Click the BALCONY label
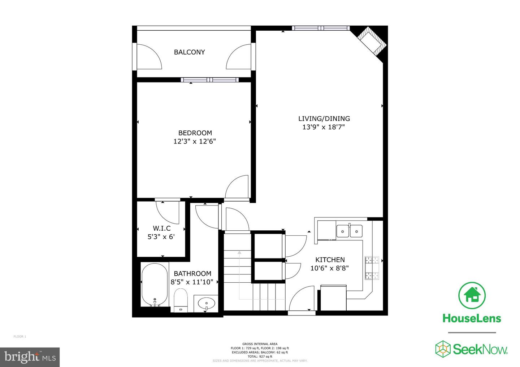point(189,52)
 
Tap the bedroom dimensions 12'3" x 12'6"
point(195,141)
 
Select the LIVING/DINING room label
point(324,118)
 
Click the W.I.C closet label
point(161,228)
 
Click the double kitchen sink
point(349,231)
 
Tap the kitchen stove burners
point(372,268)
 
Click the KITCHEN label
point(330,260)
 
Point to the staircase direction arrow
point(239,252)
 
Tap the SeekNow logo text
point(480,349)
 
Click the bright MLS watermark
point(30,357)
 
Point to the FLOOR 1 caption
point(20,337)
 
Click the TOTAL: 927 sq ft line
point(260,356)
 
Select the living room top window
point(321,28)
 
